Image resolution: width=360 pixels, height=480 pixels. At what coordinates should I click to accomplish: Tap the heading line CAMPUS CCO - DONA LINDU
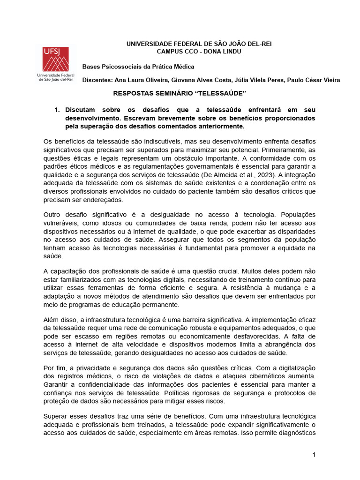199,51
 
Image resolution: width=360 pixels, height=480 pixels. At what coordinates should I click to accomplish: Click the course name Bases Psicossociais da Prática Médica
138,67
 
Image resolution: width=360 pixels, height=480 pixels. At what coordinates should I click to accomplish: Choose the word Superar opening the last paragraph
55,416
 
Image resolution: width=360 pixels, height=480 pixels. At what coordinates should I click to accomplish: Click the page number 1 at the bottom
314,455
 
